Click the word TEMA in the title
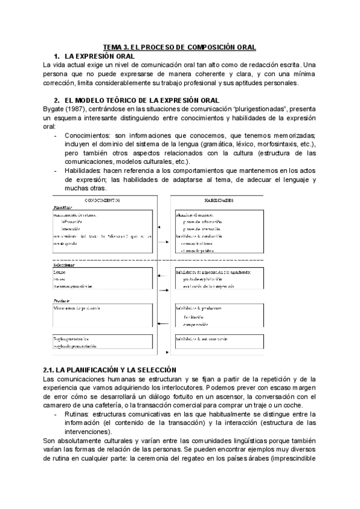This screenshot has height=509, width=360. click(x=113, y=47)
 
